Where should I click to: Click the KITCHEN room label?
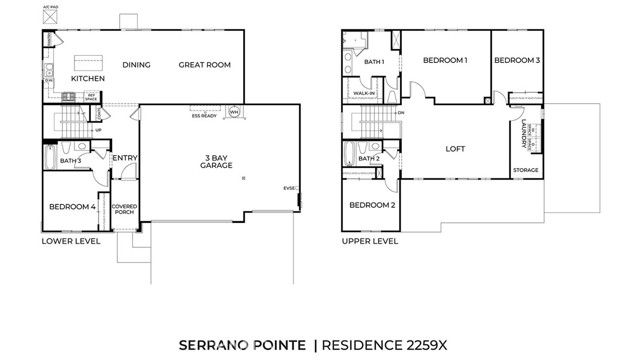88,78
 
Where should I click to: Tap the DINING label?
136,65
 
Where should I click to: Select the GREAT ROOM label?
205,65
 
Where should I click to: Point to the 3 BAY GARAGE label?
217,161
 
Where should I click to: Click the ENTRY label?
125,157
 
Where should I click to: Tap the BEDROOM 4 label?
73,207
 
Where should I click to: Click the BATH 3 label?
70,160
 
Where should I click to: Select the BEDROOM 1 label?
445,61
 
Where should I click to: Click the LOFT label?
456,149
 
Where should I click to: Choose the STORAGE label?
525,170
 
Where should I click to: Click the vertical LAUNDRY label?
525,133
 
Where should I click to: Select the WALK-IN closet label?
366,93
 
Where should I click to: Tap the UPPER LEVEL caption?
369,241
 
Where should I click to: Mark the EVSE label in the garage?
290,187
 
